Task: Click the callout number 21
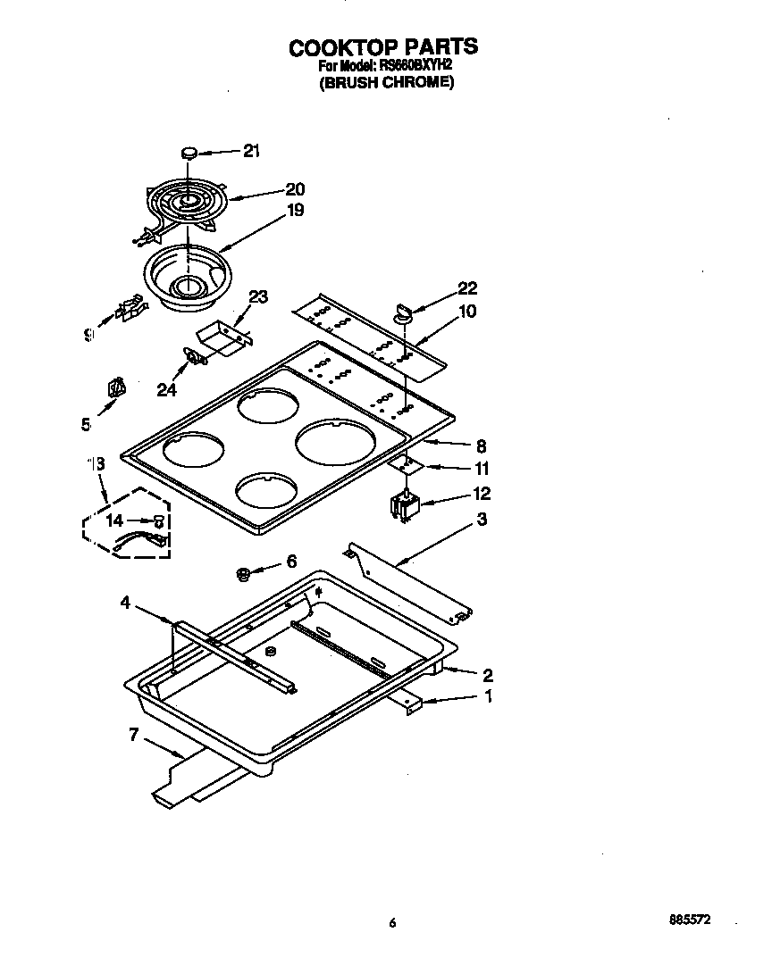coord(251,151)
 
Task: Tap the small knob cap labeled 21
coord(189,153)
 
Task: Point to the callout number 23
coord(257,297)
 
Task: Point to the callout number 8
coord(480,445)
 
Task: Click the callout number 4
coord(126,604)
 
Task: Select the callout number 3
coord(482,519)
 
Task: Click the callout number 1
coord(487,697)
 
